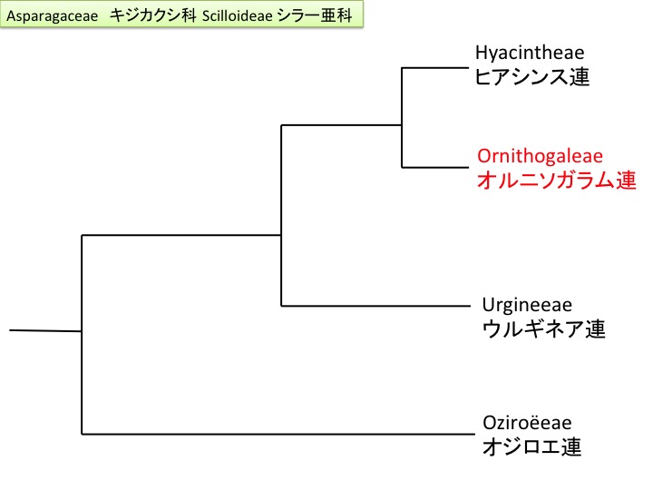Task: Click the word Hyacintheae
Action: pyautogui.click(x=530, y=54)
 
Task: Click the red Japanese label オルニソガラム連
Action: pyautogui.click(x=556, y=180)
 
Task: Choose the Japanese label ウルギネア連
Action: pyautogui.click(x=542, y=328)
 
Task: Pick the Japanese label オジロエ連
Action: pyautogui.click(x=531, y=446)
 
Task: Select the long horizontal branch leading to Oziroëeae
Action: pyautogui.click(x=272, y=433)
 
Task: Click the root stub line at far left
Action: pyautogui.click(x=45, y=330)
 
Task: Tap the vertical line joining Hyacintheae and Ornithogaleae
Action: pyautogui.click(x=402, y=116)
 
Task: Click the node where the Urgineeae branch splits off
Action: pyautogui.click(x=282, y=305)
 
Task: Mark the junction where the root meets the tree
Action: pyautogui.click(x=83, y=331)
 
